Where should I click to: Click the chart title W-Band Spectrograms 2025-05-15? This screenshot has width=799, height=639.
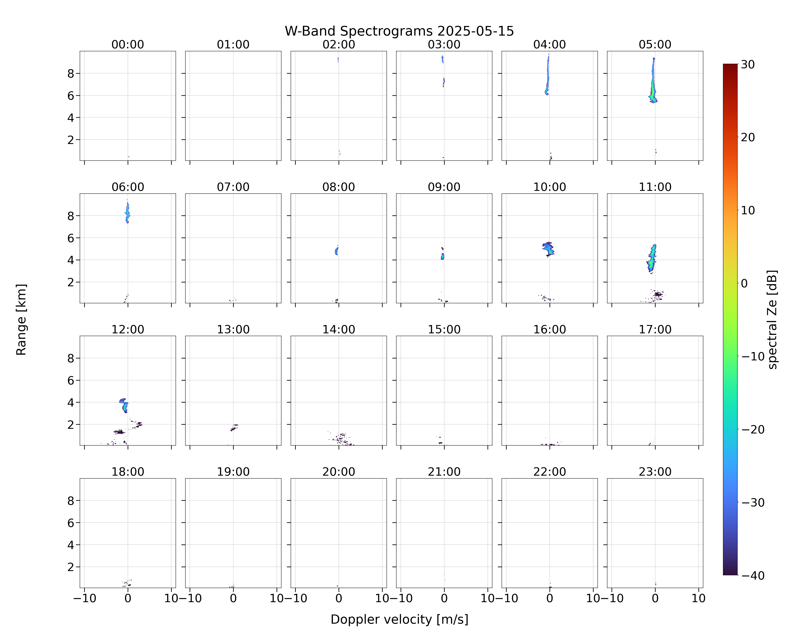point(399,31)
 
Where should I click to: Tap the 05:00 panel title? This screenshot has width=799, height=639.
point(655,45)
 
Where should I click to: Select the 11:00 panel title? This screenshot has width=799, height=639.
point(655,187)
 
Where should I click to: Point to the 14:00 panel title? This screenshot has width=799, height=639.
point(339,329)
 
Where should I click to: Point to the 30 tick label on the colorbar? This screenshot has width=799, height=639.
point(747,65)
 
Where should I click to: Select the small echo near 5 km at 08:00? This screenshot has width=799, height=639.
point(336,251)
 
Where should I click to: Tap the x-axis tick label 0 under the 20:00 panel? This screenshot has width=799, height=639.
point(339,598)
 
